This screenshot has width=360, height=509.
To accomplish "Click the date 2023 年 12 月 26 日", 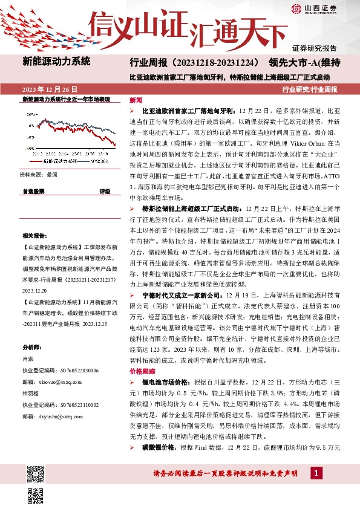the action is (50, 89).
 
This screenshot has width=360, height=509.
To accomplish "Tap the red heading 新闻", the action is (136, 99).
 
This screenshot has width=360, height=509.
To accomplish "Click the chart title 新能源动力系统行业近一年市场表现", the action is (66, 99).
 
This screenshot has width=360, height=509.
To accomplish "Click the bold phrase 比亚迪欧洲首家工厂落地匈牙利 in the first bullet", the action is (188, 112).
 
